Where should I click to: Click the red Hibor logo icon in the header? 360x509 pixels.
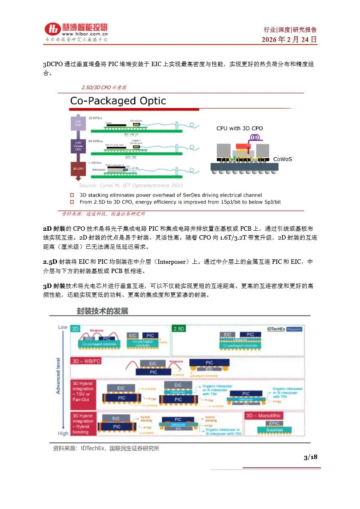tap(52, 29)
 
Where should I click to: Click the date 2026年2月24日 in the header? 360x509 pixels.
tap(289, 40)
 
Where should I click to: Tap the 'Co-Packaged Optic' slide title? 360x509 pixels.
tap(118, 101)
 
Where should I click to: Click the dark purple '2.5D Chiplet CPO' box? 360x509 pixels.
tap(78, 146)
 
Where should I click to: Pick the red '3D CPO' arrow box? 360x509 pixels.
tap(78, 168)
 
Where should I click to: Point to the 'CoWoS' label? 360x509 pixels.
tap(283, 159)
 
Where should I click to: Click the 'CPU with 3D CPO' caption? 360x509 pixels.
tap(239, 128)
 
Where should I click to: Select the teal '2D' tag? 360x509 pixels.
tap(75, 329)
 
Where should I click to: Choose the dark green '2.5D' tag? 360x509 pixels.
tap(178, 329)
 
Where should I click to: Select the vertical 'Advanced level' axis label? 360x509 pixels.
tap(58, 375)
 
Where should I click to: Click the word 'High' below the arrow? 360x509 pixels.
tap(63, 433)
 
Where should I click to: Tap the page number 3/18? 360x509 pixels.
tap(310, 457)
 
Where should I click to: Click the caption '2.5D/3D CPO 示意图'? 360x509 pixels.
tap(104, 87)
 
